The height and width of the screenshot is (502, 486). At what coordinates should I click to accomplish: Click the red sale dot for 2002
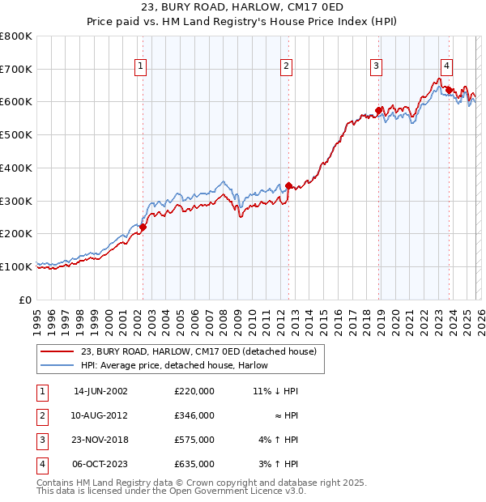point(143,228)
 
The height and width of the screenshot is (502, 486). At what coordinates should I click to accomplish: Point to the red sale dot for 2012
point(288,185)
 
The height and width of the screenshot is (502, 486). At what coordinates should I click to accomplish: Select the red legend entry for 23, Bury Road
point(202,351)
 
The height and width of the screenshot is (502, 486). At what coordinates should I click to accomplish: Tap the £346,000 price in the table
point(194,415)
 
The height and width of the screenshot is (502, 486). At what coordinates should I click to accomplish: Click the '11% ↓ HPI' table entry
point(275,391)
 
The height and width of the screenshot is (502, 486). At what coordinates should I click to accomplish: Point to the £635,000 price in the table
point(194,464)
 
